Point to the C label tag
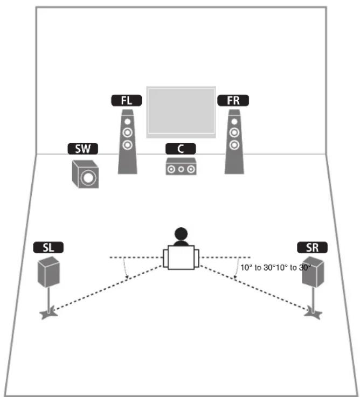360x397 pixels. tap(181, 148)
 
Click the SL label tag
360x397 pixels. tap(48, 248)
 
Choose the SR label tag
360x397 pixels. tap(312, 248)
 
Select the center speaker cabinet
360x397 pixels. tap(181, 168)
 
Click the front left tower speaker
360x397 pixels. tap(127, 143)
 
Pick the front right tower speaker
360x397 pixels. tap(233, 143)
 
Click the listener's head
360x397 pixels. tap(181, 235)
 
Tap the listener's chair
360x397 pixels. tap(181, 258)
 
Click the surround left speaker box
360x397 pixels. tap(48, 271)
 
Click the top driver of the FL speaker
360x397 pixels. tap(127, 121)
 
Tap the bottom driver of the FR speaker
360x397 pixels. tap(233, 144)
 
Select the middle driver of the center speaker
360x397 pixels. tap(181, 169)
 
